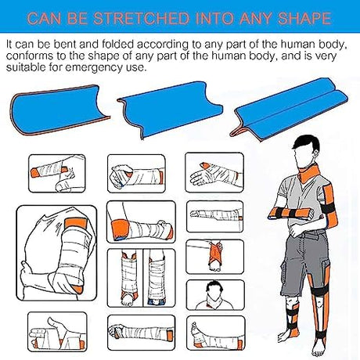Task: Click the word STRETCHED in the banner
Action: click(141, 18)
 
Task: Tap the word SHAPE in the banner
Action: click(304, 18)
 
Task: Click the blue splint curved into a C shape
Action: click(59, 110)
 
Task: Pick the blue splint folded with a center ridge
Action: click(289, 108)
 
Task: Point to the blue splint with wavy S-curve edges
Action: click(170, 110)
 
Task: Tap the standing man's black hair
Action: click(307, 143)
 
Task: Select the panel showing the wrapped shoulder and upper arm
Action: click(56, 253)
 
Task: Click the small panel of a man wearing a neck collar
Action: click(215, 295)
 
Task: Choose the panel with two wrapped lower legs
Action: click(141, 278)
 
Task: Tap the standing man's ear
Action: click(317, 155)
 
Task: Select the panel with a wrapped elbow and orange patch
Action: click(141, 221)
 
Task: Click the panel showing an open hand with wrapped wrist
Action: click(214, 173)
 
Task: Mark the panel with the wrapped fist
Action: click(136, 174)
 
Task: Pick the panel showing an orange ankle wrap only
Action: click(215, 257)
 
